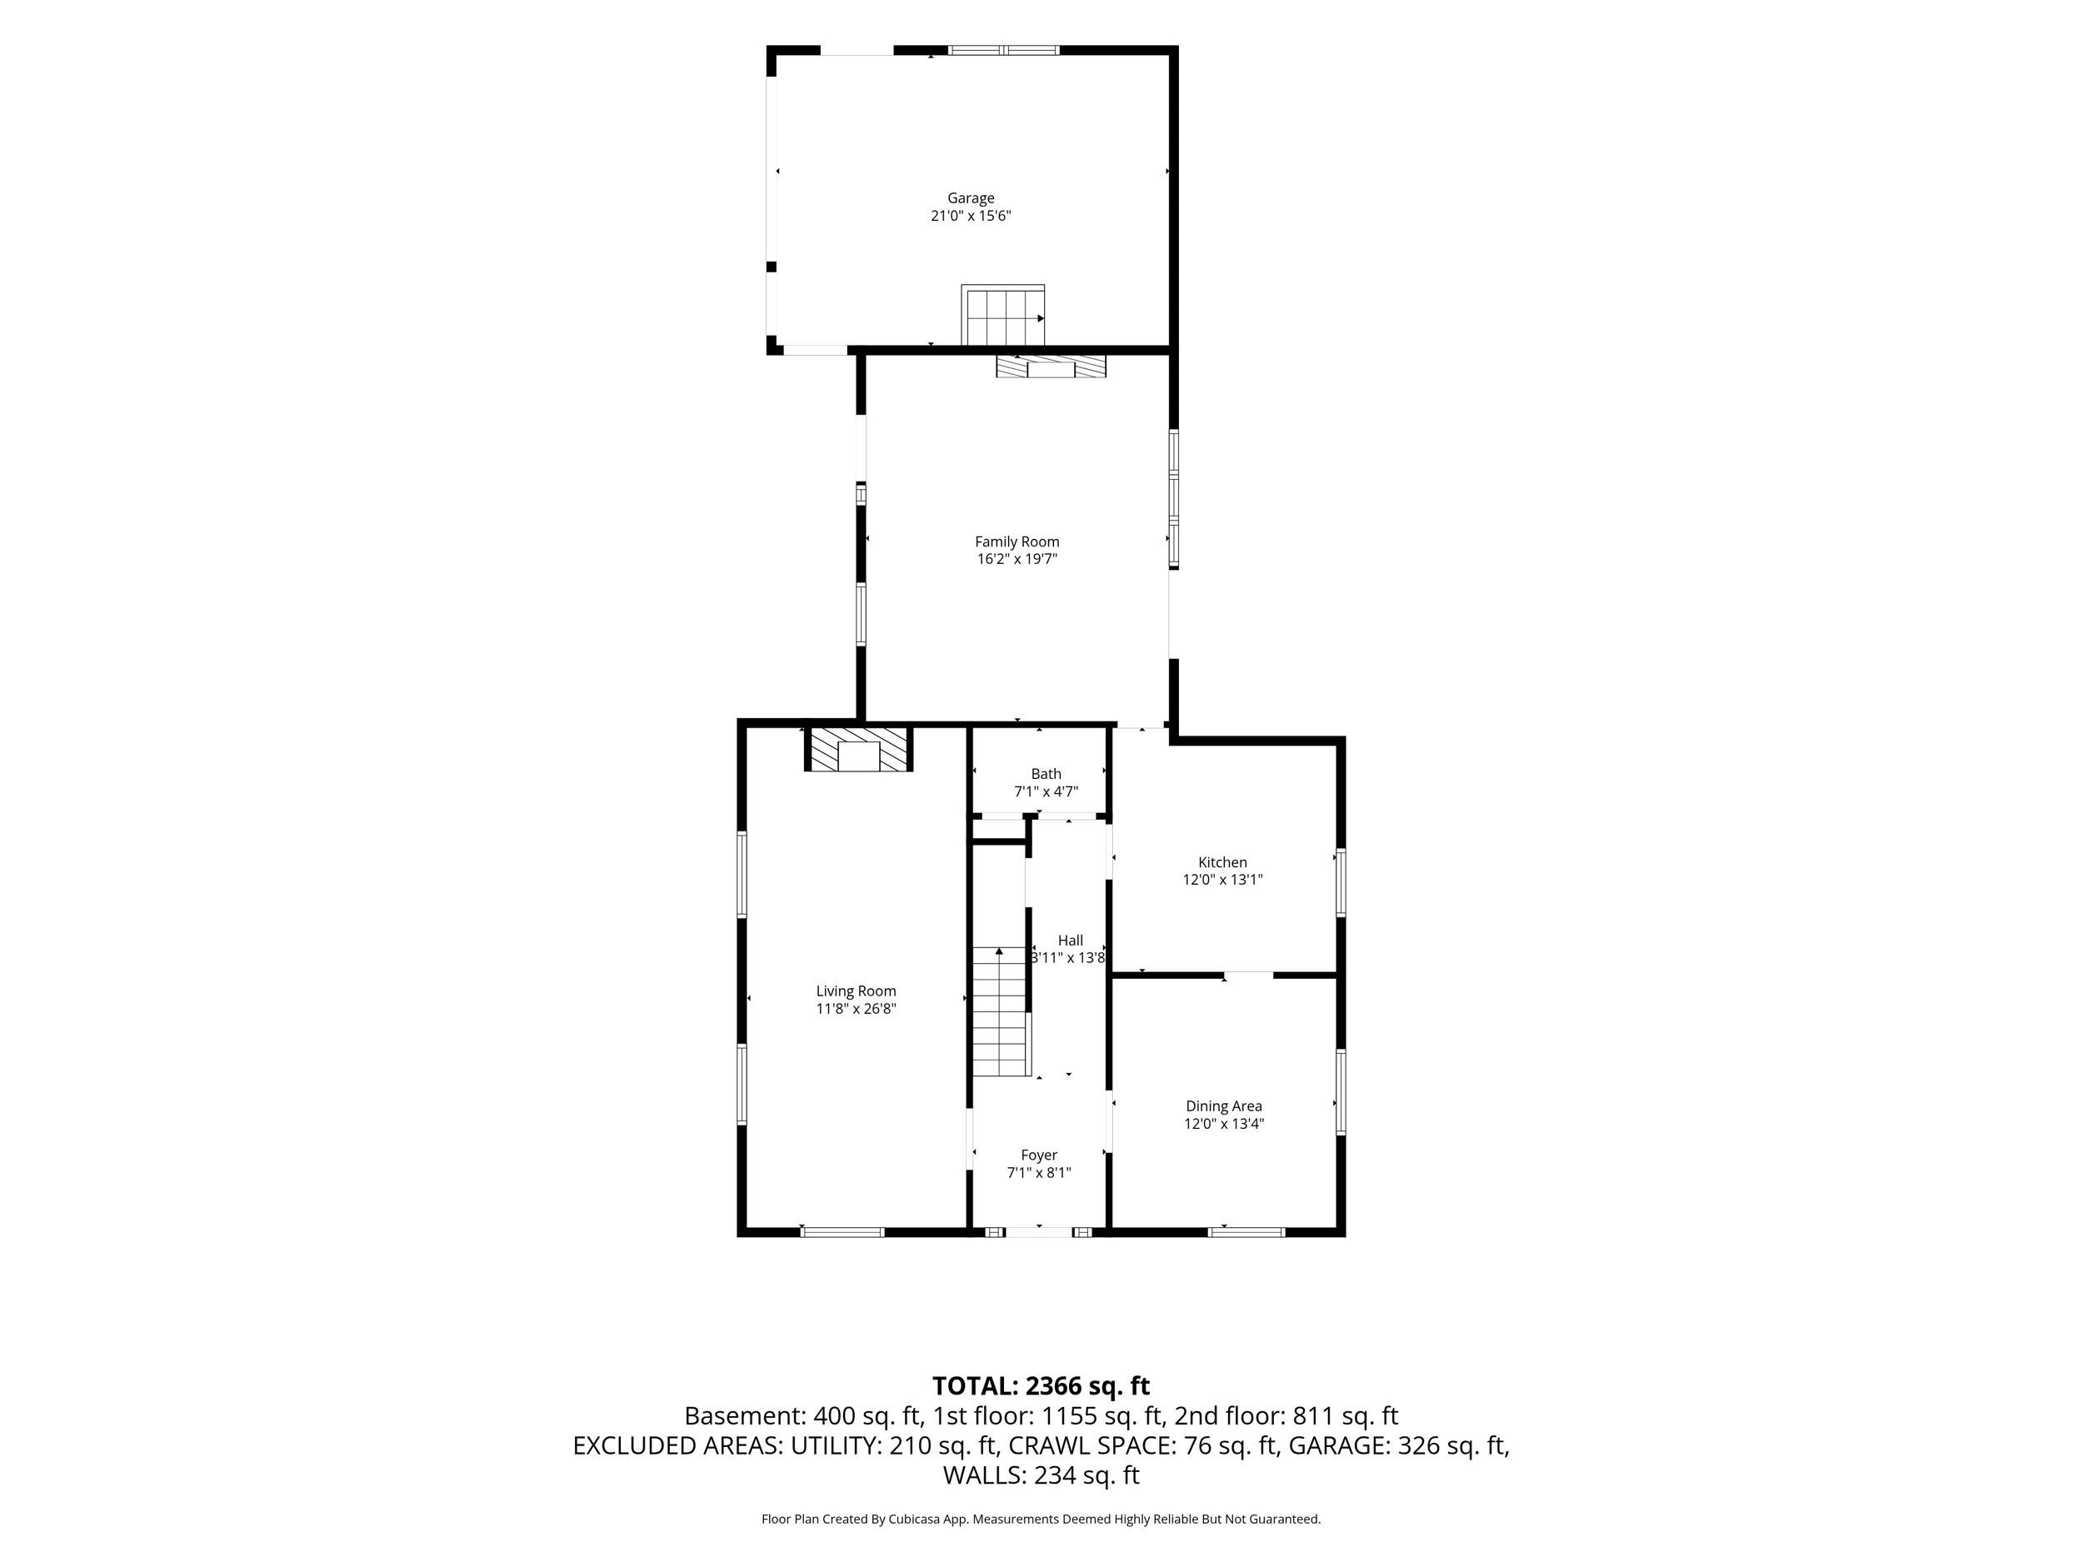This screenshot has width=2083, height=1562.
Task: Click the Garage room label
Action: click(x=970, y=198)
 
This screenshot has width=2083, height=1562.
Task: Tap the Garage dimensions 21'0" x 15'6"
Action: click(x=970, y=217)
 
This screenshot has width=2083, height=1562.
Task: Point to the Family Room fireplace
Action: click(x=1051, y=366)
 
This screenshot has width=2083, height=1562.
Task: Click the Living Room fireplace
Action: click(x=858, y=749)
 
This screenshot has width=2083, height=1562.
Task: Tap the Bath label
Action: click(x=1046, y=775)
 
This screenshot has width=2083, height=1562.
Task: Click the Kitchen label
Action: click(x=1222, y=863)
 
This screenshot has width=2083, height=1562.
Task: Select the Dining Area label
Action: click(x=1223, y=1107)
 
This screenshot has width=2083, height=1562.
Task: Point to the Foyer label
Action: click(x=1039, y=1156)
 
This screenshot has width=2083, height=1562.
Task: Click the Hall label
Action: click(x=1070, y=941)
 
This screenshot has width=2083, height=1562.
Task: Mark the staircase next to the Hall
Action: click(x=1000, y=1011)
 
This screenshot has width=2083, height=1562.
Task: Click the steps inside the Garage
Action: click(x=1003, y=316)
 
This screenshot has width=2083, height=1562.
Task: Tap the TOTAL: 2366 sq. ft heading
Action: click(x=1041, y=1387)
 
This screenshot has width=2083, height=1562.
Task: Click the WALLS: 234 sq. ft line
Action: click(x=1041, y=1475)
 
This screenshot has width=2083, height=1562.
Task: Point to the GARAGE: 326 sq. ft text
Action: click(x=1396, y=1446)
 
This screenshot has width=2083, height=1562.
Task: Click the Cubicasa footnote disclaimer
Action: click(x=1041, y=1520)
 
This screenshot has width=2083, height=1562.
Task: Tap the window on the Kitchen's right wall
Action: click(x=1341, y=883)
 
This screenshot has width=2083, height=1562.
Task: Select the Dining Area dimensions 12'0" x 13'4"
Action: click(x=1223, y=1124)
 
